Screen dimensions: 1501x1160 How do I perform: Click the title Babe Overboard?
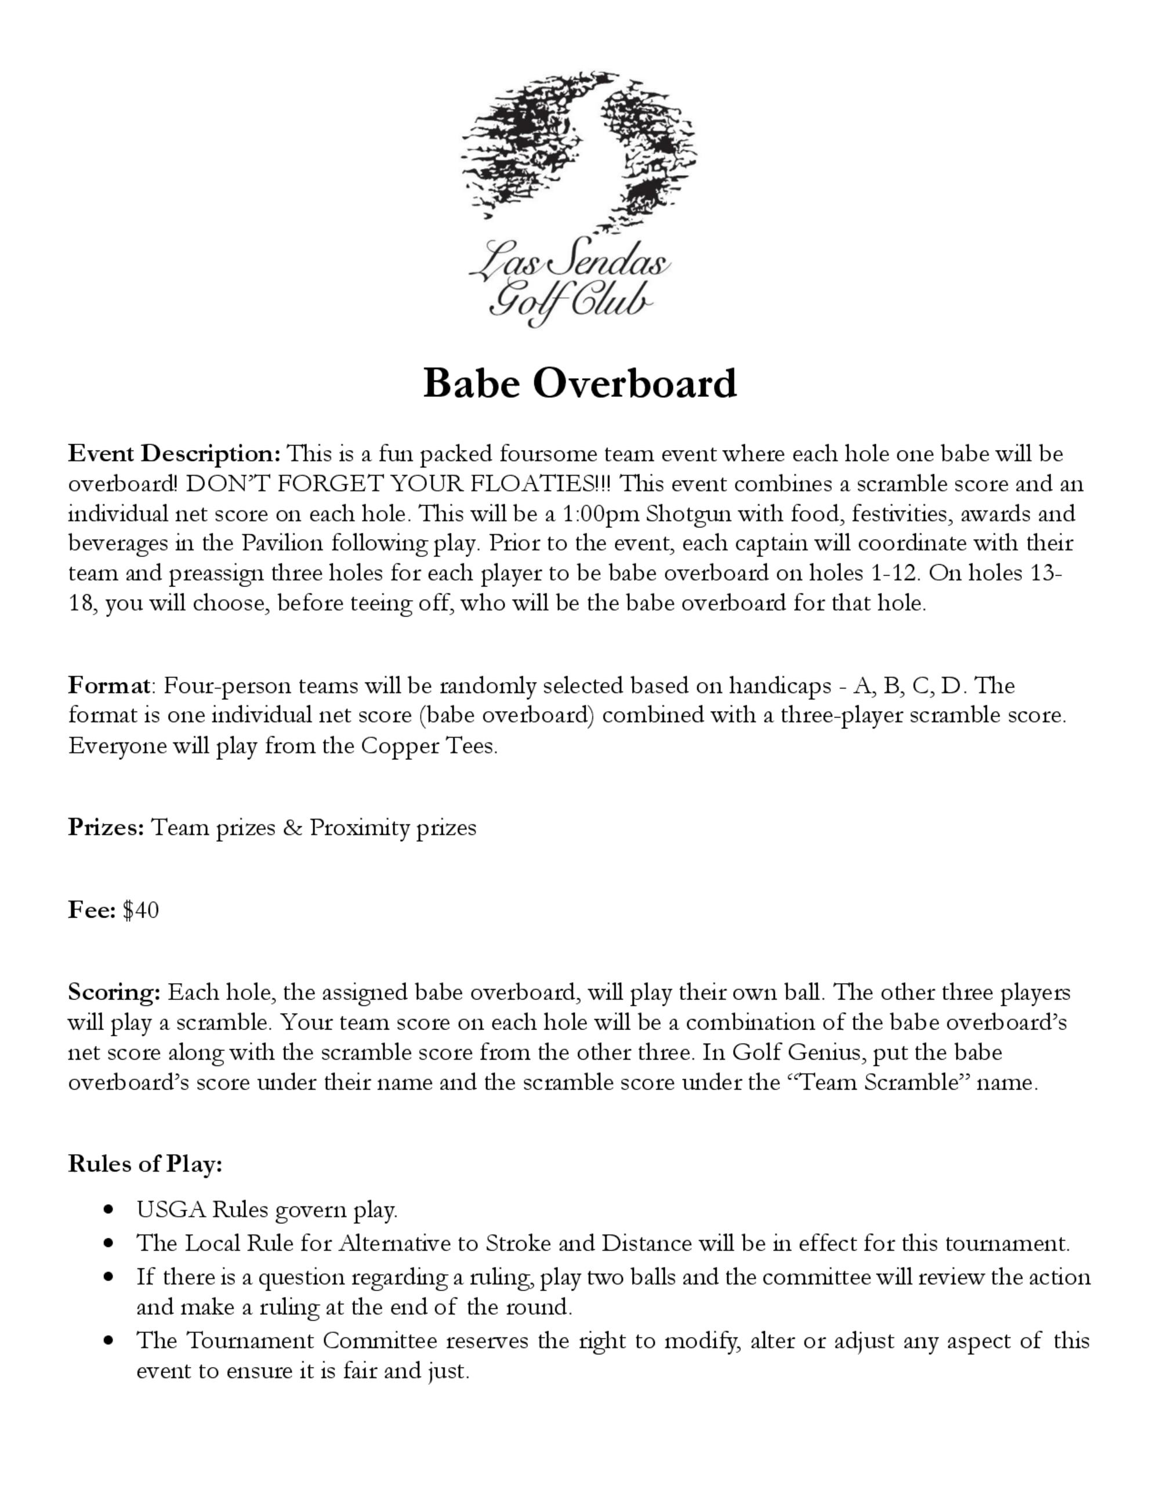[x=579, y=383]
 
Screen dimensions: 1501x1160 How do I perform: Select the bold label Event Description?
[x=175, y=454]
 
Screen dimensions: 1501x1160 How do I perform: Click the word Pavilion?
[x=282, y=543]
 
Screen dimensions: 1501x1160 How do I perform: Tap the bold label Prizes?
[x=106, y=827]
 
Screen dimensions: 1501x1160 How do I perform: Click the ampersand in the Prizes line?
[x=292, y=827]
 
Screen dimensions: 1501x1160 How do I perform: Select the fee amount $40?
[x=140, y=910]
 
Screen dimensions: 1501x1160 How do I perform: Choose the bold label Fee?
[x=92, y=910]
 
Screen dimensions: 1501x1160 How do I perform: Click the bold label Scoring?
[x=114, y=992]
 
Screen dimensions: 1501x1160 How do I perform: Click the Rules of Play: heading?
[x=145, y=1163]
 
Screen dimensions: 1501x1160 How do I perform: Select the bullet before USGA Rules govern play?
[x=107, y=1210]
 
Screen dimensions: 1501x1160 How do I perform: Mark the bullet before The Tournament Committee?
[x=107, y=1340]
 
